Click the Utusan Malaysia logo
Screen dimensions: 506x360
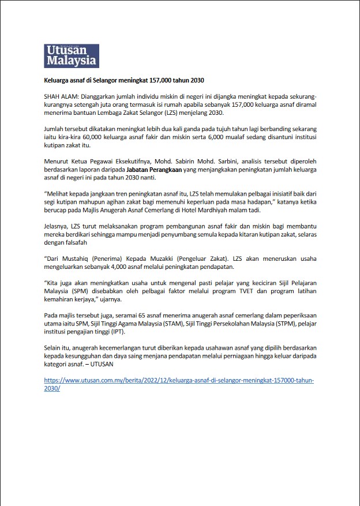(72, 56)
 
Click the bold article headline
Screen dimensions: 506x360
(124, 80)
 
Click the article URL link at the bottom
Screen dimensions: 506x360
(179, 385)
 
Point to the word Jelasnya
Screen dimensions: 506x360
(58, 227)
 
